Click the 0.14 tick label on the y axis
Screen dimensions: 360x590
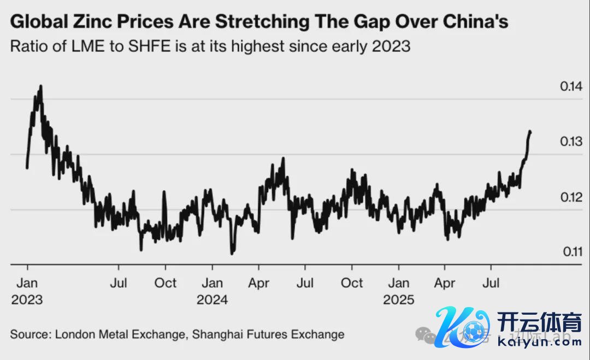(571, 86)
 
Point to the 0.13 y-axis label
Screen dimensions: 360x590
(571, 141)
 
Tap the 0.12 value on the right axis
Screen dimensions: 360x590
(571, 197)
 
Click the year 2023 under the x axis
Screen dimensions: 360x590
(27, 300)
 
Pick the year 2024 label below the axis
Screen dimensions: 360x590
(213, 300)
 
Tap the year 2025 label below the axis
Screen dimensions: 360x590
(399, 300)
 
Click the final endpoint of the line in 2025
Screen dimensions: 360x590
(530, 132)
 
